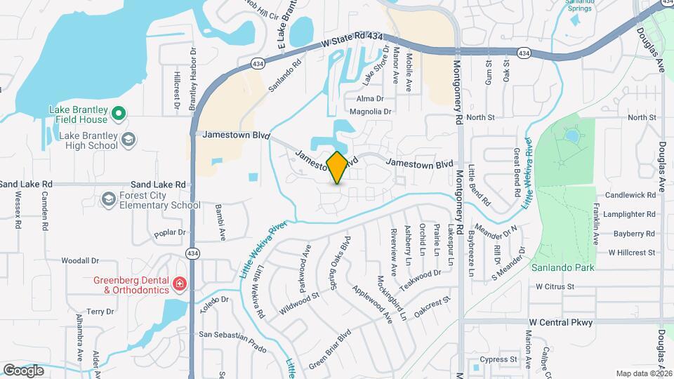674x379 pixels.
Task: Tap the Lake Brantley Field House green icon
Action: pos(119,112)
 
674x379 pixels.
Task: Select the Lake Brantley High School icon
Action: pos(128,140)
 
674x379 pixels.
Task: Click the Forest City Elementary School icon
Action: pos(107,200)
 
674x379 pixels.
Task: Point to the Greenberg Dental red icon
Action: pos(180,284)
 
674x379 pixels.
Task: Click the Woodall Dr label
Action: pos(78,260)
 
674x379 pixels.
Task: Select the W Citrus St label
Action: pos(555,286)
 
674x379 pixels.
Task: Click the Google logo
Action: pos(23,370)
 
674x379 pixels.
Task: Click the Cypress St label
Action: pos(498,359)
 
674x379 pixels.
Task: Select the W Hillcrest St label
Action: pos(631,252)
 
